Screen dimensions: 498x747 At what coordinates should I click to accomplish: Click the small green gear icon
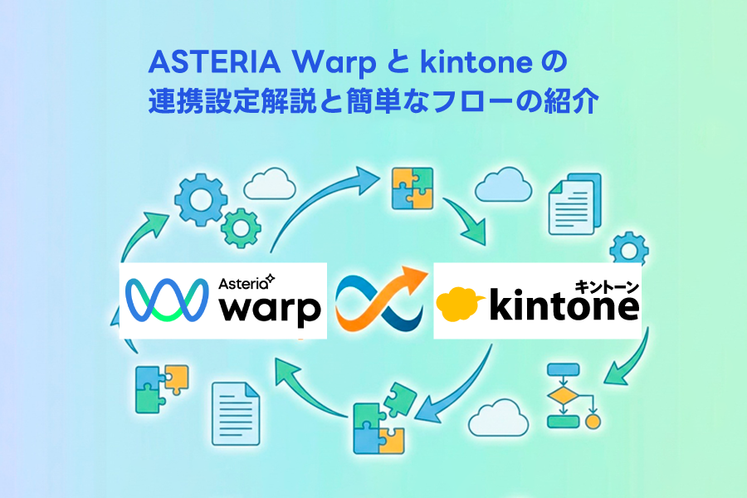coord(242,225)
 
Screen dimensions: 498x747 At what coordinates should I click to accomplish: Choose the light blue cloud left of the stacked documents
coord(504,186)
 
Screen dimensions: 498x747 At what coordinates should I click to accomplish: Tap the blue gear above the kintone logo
coord(629,249)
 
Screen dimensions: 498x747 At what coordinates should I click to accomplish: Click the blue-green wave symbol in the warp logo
coord(166,300)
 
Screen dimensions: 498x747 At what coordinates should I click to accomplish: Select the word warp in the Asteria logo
coord(269,309)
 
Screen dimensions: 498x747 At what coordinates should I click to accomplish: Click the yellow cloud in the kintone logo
coord(463,304)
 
